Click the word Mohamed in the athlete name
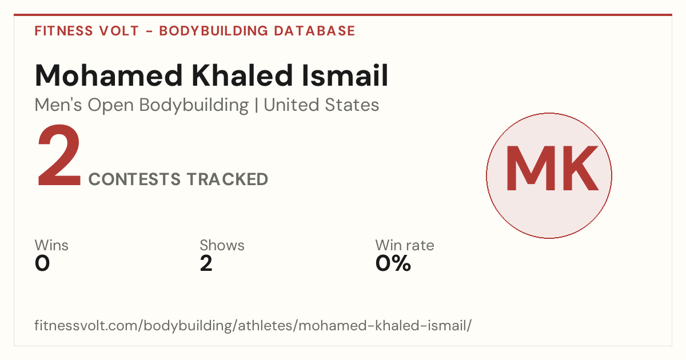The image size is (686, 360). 109,75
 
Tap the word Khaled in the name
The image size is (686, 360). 242,75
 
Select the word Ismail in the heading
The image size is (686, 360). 345,75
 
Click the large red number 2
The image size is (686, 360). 59,155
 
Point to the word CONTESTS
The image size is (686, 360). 134,179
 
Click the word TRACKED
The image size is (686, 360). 228,179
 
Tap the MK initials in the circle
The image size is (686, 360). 552,169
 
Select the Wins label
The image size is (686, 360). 51,245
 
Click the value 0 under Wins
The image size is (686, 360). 42,263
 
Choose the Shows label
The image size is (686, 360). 222,245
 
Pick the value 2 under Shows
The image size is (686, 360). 206,263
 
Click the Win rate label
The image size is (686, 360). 405,245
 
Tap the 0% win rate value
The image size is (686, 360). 393,263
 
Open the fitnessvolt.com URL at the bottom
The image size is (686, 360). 253,325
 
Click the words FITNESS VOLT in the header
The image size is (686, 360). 87,31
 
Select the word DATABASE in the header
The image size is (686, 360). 314,31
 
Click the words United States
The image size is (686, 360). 321,105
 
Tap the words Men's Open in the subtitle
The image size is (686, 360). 84,106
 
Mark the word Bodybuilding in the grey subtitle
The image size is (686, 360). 194,106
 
